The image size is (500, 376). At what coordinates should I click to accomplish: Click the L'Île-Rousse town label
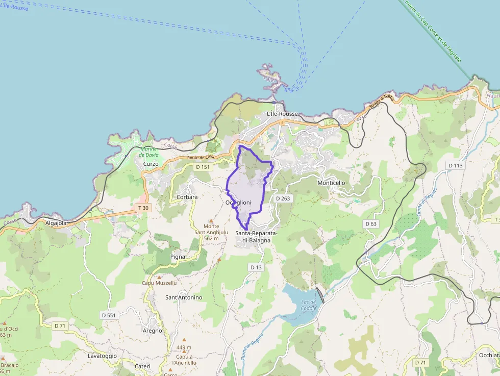(282, 114)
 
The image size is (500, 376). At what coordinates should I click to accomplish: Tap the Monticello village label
(331, 183)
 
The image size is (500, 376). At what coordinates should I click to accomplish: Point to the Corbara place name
(187, 197)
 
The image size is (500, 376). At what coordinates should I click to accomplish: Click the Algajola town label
(56, 223)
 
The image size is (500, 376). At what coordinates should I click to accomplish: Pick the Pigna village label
(178, 257)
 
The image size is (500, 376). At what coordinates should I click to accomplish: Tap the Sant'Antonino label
(184, 297)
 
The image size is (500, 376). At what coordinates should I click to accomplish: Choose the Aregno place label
(153, 331)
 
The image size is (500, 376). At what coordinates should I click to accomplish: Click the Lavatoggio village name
(102, 356)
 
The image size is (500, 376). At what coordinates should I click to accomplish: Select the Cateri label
(142, 366)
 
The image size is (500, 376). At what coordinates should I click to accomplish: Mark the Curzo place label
(151, 164)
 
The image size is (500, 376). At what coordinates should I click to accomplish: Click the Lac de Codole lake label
(309, 305)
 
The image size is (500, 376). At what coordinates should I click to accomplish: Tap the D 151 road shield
(203, 167)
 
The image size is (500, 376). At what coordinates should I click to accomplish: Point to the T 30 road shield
(143, 208)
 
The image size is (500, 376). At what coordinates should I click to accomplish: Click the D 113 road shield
(455, 165)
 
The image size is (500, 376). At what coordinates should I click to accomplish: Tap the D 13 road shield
(256, 267)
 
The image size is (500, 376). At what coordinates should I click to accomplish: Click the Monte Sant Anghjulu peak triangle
(211, 221)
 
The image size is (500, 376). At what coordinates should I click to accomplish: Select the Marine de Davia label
(148, 152)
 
